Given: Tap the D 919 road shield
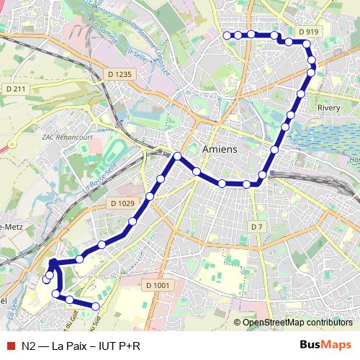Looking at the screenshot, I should point(307,32).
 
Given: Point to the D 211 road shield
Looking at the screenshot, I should point(15,89).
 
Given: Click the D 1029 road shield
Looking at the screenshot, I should point(123,204).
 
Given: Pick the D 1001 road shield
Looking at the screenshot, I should point(161,285).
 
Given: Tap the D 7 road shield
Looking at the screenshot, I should point(257,227).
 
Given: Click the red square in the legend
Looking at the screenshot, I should point(9,346).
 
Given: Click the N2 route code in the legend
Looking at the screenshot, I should point(29,346).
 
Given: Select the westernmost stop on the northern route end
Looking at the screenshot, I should point(228,35).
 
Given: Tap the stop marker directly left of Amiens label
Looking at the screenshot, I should point(177,156).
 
